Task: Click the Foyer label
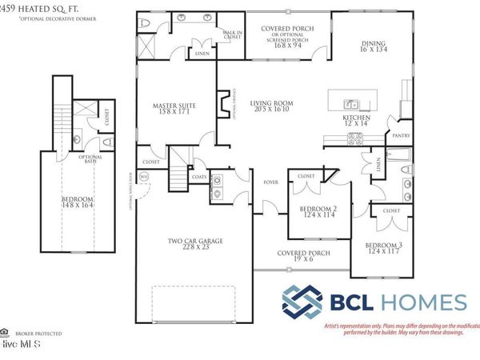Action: [270, 182]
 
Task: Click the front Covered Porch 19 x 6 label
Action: [299, 256]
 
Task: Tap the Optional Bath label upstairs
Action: [89, 160]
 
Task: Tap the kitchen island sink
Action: [350, 104]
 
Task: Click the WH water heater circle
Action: [144, 177]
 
